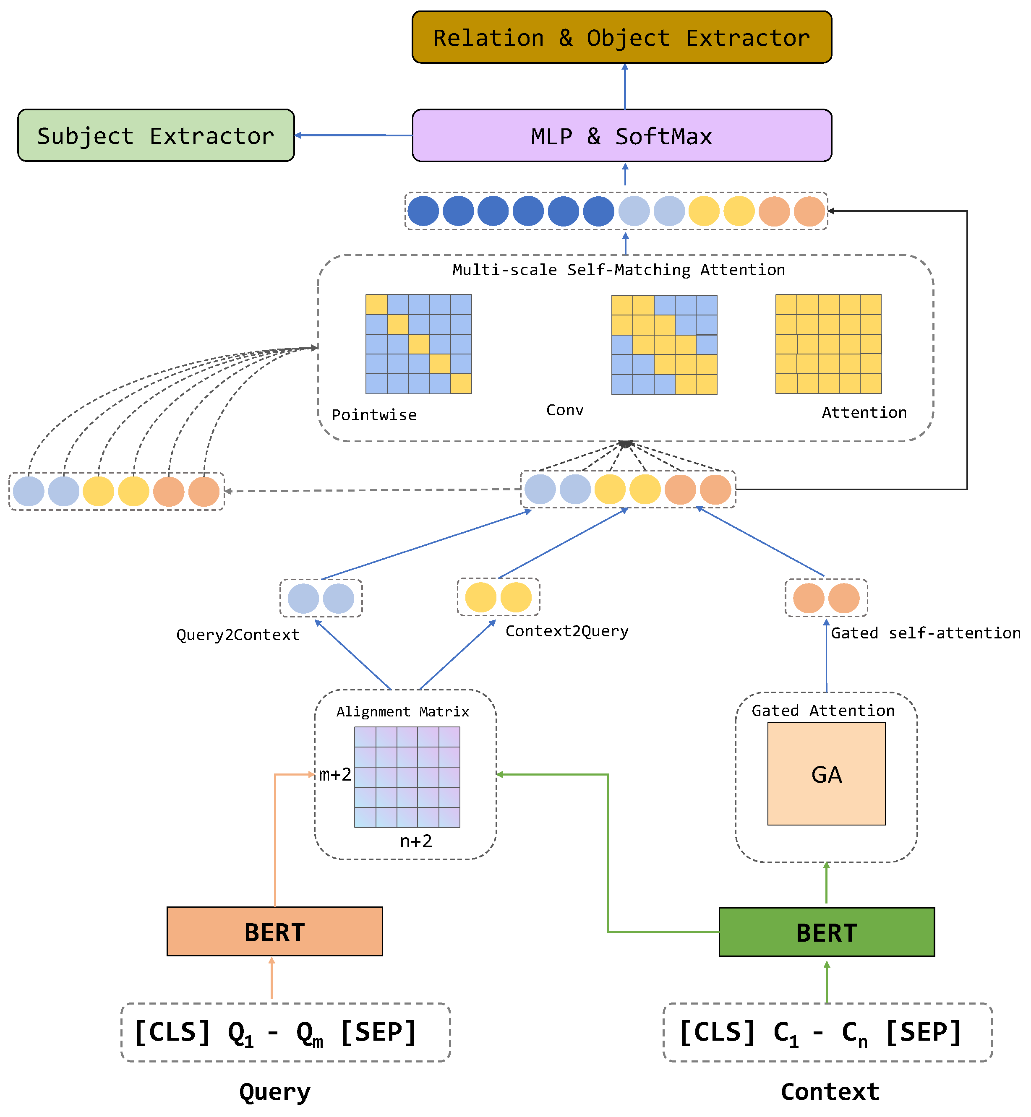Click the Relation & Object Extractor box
621,37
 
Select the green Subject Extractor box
156,135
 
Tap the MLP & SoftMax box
621,135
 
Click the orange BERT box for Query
274,932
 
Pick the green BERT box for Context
826,932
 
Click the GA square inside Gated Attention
826,774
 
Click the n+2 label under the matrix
416,841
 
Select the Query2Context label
238,635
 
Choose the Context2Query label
567,631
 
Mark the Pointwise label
374,415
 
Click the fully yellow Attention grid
828,344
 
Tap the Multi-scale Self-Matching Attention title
618,270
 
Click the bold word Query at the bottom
274,1092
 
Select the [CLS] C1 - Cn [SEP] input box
827,1032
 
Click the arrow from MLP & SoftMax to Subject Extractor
353,135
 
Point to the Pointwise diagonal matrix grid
418,344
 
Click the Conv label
565,410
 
